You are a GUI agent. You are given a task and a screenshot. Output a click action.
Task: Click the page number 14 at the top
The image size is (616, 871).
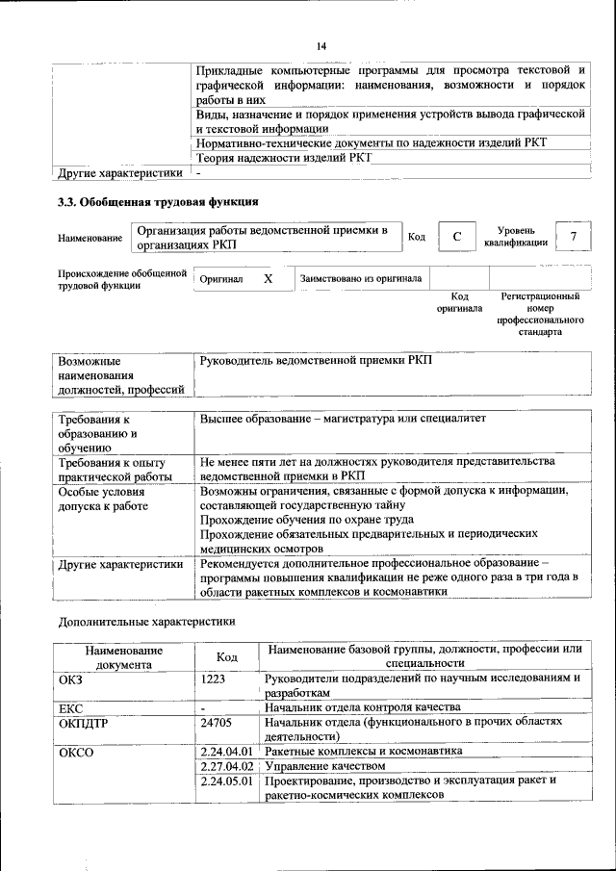(x=322, y=45)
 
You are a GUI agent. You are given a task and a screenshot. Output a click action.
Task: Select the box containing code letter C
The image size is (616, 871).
(x=458, y=237)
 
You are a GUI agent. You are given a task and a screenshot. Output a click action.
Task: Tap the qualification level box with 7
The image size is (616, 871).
(x=574, y=237)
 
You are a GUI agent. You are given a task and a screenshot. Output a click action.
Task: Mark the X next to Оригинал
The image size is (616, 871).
(x=269, y=278)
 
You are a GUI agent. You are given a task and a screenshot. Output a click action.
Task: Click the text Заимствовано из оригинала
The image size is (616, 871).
(x=360, y=279)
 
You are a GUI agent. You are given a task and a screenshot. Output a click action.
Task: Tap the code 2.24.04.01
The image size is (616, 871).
(x=226, y=751)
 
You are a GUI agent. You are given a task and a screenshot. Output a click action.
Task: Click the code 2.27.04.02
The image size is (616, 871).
(x=226, y=766)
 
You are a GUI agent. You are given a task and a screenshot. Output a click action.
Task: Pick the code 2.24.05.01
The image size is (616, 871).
(x=226, y=781)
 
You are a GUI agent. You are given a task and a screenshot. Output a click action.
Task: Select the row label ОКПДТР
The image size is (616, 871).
(x=85, y=721)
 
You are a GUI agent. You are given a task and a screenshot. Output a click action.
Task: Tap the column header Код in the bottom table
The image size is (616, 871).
(x=227, y=656)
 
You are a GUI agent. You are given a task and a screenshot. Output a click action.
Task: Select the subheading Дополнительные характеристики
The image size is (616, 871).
(x=146, y=621)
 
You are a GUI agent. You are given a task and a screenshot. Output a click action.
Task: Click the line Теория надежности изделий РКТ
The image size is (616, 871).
(x=283, y=159)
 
